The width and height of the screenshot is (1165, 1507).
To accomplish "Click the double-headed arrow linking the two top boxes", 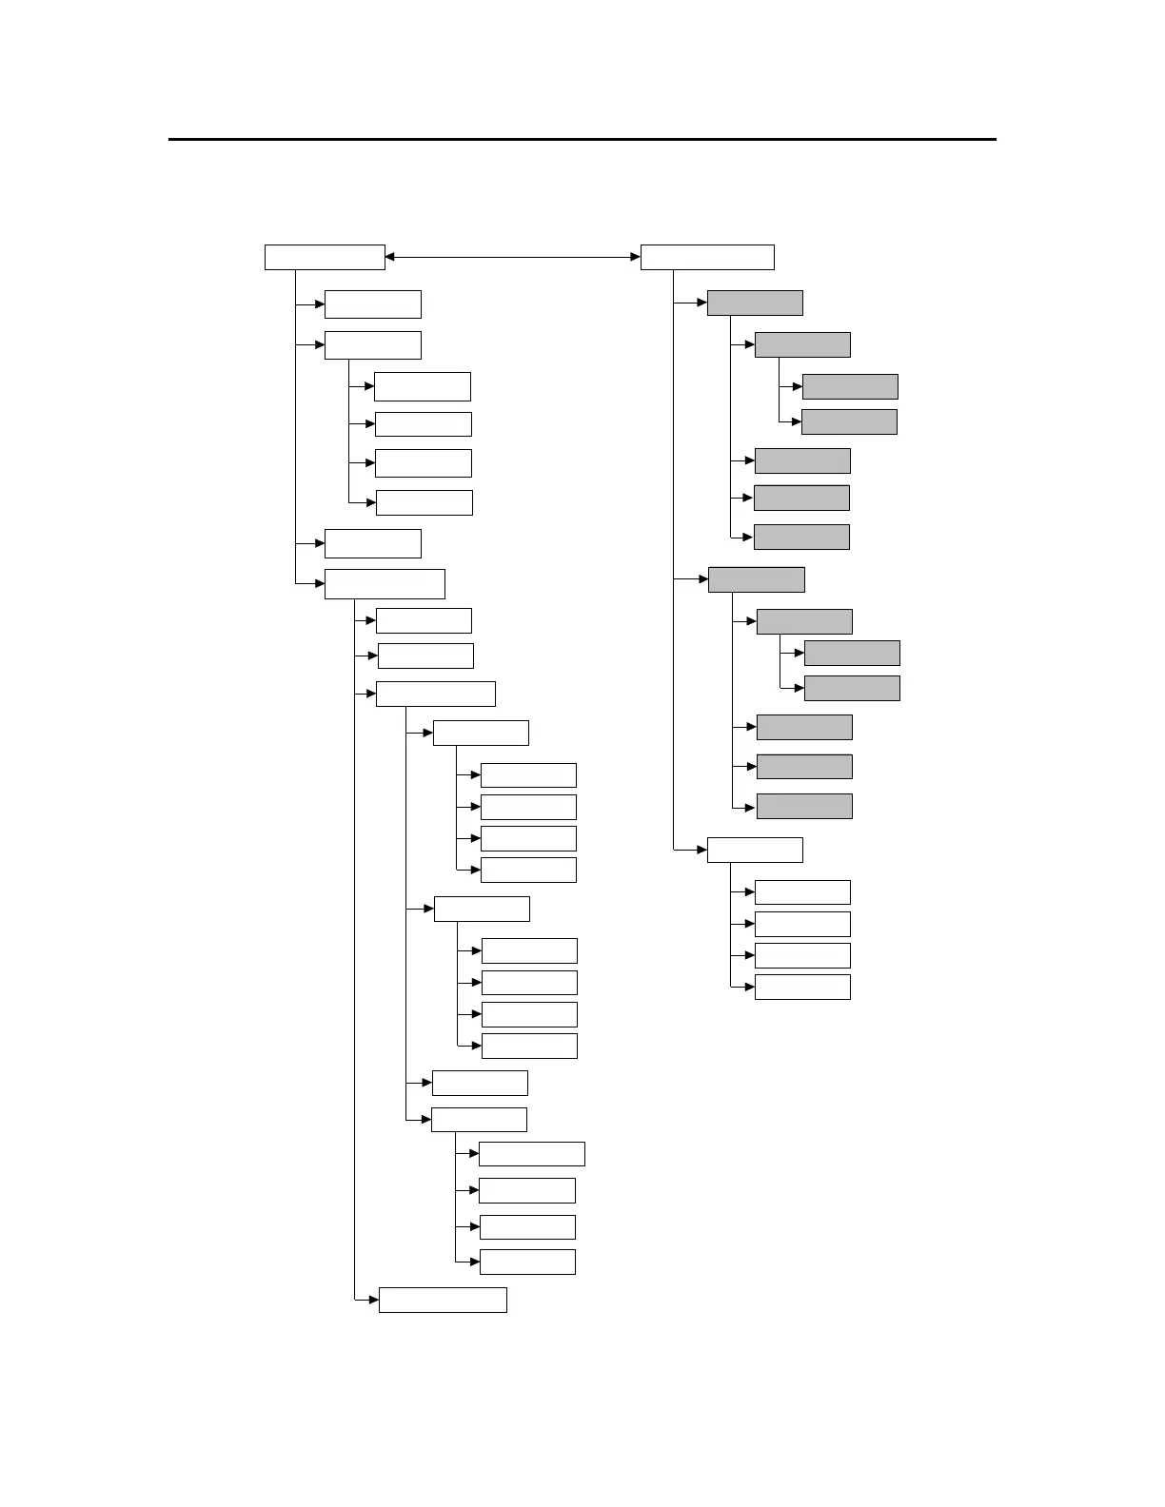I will click(x=512, y=257).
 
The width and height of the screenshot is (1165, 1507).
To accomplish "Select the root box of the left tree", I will click(x=325, y=257).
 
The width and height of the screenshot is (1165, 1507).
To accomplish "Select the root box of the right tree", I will click(x=707, y=257).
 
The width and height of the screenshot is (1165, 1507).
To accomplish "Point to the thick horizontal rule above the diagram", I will click(x=582, y=140).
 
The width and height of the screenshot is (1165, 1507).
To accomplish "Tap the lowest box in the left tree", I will click(x=443, y=1300).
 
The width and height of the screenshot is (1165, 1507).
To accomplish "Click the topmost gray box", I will click(x=755, y=303).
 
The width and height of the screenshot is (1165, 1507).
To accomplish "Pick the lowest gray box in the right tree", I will click(x=804, y=806).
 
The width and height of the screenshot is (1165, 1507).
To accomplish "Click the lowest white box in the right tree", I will click(x=802, y=987).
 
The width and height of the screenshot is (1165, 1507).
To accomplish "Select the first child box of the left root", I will click(x=372, y=304).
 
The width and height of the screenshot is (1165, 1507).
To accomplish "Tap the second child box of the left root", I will click(x=372, y=344).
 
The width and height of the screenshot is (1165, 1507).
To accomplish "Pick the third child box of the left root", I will click(x=372, y=543).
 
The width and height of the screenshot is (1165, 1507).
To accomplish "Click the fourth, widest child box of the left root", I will click(x=385, y=583).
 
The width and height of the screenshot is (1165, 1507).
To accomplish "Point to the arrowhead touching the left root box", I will click(x=390, y=257).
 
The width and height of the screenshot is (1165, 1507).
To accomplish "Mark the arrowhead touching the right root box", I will click(x=635, y=257).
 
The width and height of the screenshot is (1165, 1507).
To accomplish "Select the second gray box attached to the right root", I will click(x=757, y=579).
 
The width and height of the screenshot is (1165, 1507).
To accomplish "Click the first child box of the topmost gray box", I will click(x=802, y=344).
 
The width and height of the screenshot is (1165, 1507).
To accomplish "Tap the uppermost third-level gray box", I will click(x=850, y=386).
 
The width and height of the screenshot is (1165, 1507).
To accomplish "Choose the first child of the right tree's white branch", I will click(x=802, y=891).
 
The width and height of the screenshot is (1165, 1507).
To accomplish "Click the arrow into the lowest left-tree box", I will click(x=373, y=1299).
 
